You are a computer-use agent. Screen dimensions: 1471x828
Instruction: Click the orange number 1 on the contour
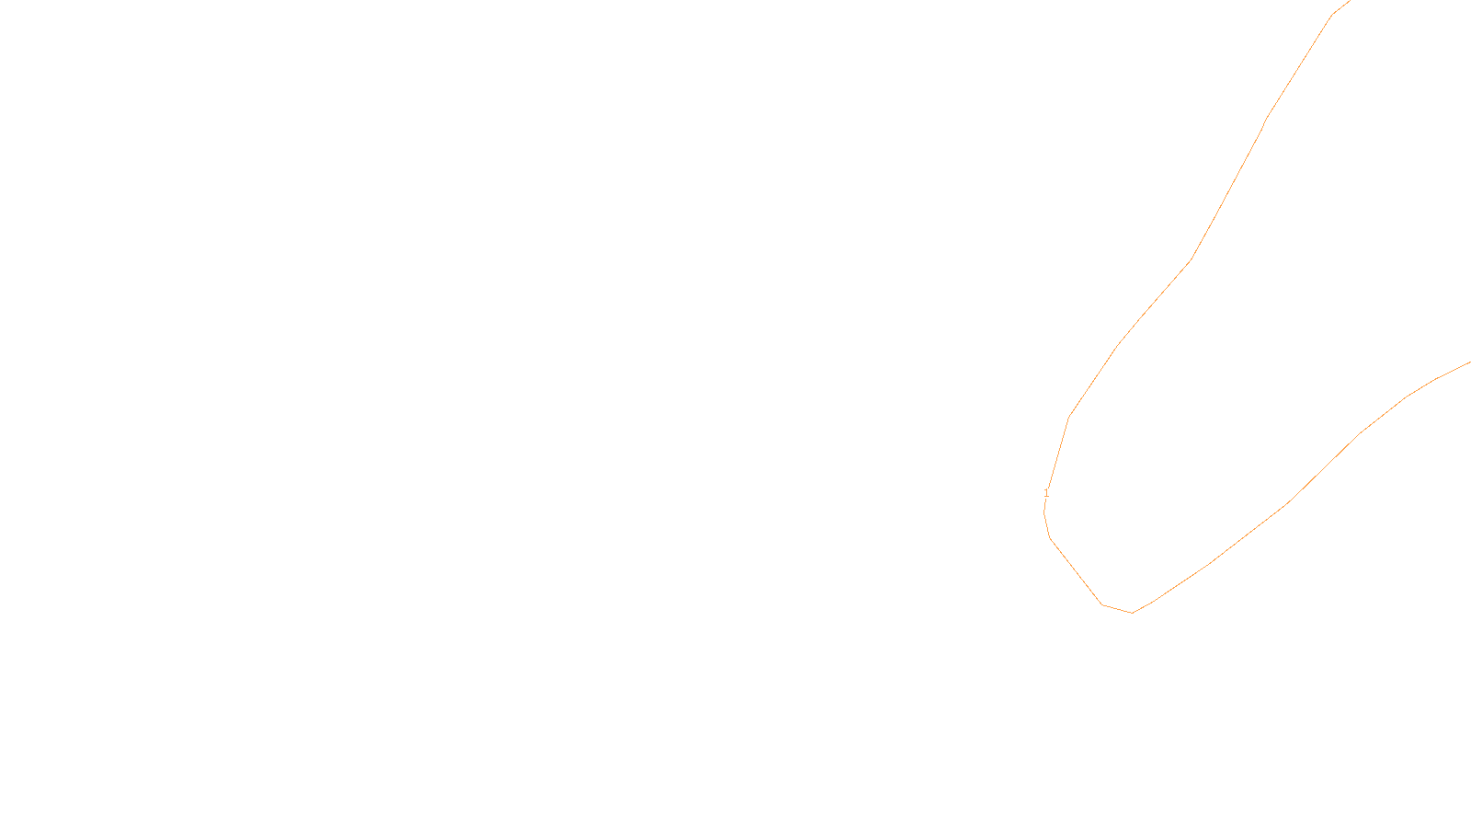click(1046, 493)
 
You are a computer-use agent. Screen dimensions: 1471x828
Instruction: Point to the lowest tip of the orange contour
click(1132, 613)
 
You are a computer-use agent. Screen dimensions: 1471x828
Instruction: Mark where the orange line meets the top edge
click(1350, 1)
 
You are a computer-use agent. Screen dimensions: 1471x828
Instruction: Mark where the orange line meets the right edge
click(1469, 362)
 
